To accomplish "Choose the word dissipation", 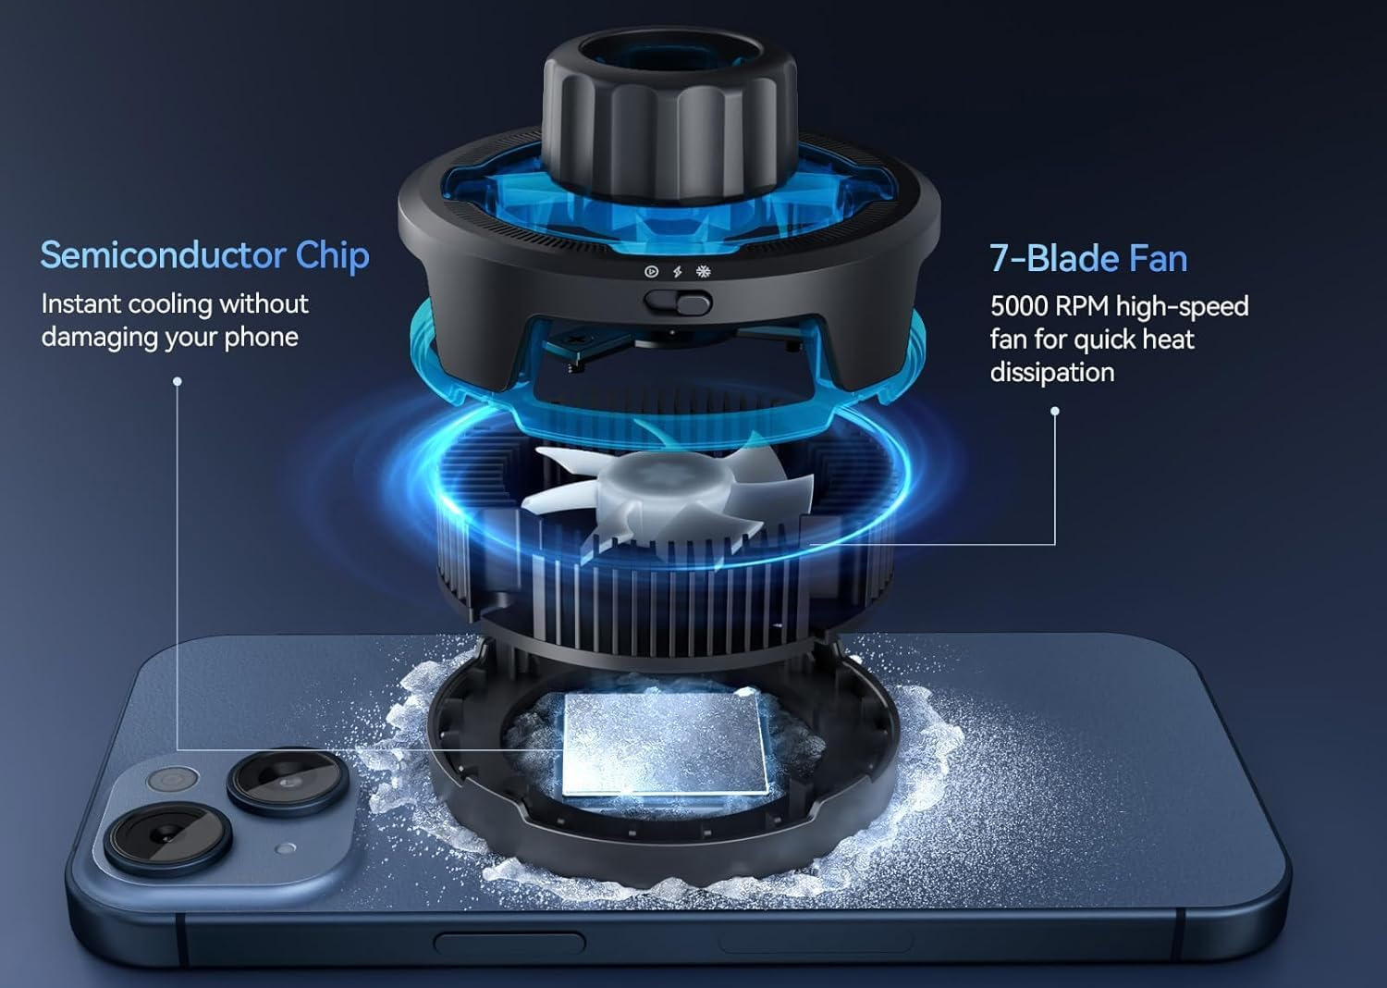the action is click(x=1052, y=372).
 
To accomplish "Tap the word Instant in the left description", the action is click(x=80, y=304).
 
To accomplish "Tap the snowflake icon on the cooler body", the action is click(x=703, y=271).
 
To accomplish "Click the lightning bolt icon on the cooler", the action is click(x=678, y=271).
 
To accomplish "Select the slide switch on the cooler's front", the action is click(x=678, y=303).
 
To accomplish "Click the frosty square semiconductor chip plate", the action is click(x=665, y=744).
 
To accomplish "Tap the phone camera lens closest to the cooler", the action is click(x=286, y=784).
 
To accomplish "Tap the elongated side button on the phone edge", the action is click(x=509, y=943).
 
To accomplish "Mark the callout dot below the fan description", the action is click(x=1055, y=411).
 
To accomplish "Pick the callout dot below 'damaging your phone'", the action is click(x=178, y=381).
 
